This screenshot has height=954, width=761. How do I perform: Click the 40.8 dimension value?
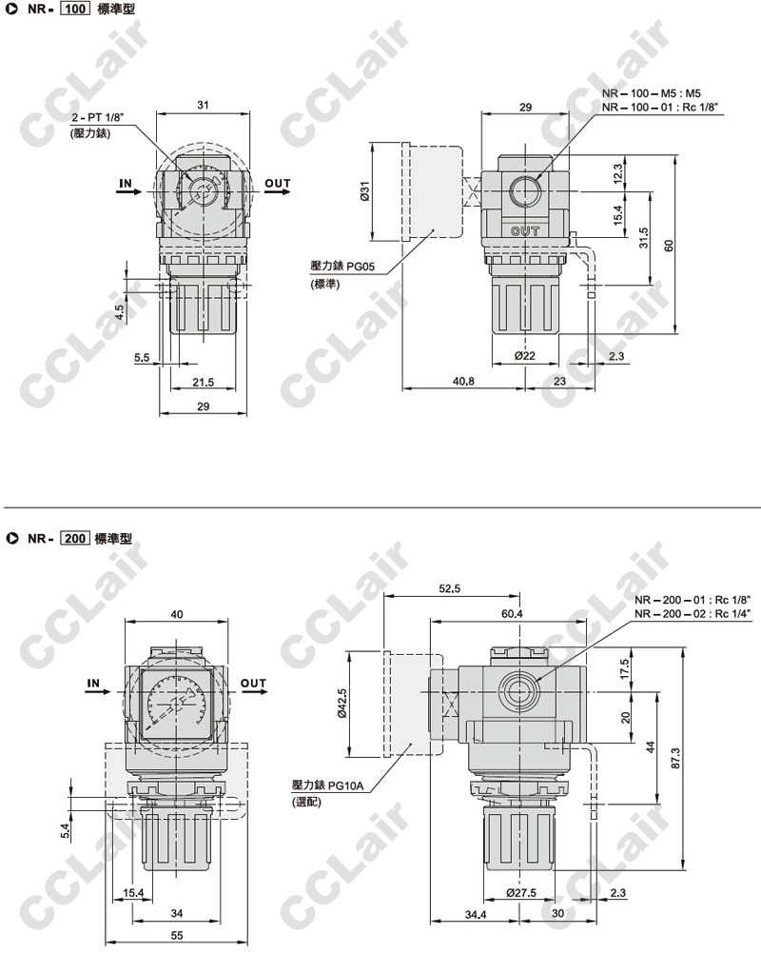click(x=463, y=382)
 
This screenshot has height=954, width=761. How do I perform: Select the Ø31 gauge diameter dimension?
click(x=364, y=191)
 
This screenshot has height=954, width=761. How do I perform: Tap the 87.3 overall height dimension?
click(x=676, y=758)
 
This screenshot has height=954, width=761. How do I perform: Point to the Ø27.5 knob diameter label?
click(x=521, y=892)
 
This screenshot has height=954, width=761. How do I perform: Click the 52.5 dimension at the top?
click(x=450, y=588)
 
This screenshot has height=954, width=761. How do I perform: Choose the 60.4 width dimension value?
click(x=512, y=613)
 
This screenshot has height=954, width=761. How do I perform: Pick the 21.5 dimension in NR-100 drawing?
click(x=203, y=382)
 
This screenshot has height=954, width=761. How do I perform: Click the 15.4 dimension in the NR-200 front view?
click(x=133, y=892)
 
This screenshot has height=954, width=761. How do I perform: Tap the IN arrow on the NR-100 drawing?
click(x=128, y=191)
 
